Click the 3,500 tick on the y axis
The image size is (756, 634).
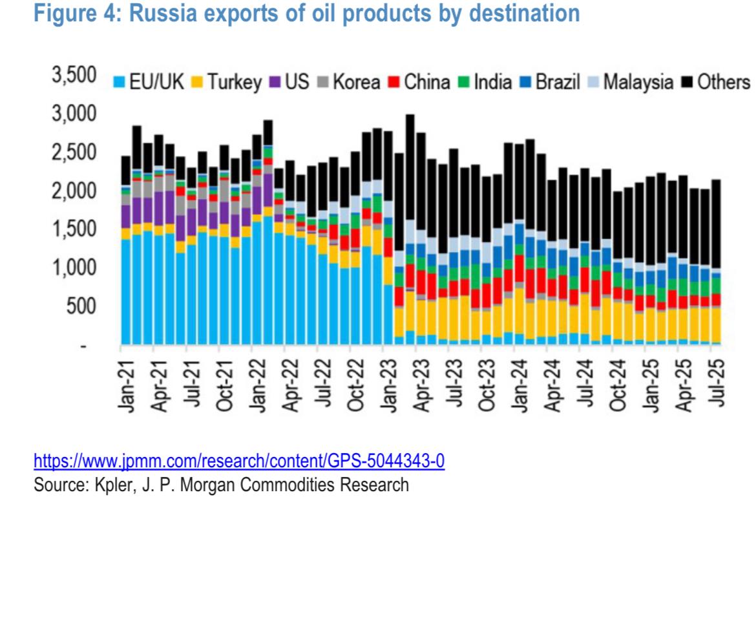tap(73, 76)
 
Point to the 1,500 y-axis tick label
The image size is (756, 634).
tap(73, 229)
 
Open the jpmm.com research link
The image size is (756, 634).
tap(239, 461)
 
